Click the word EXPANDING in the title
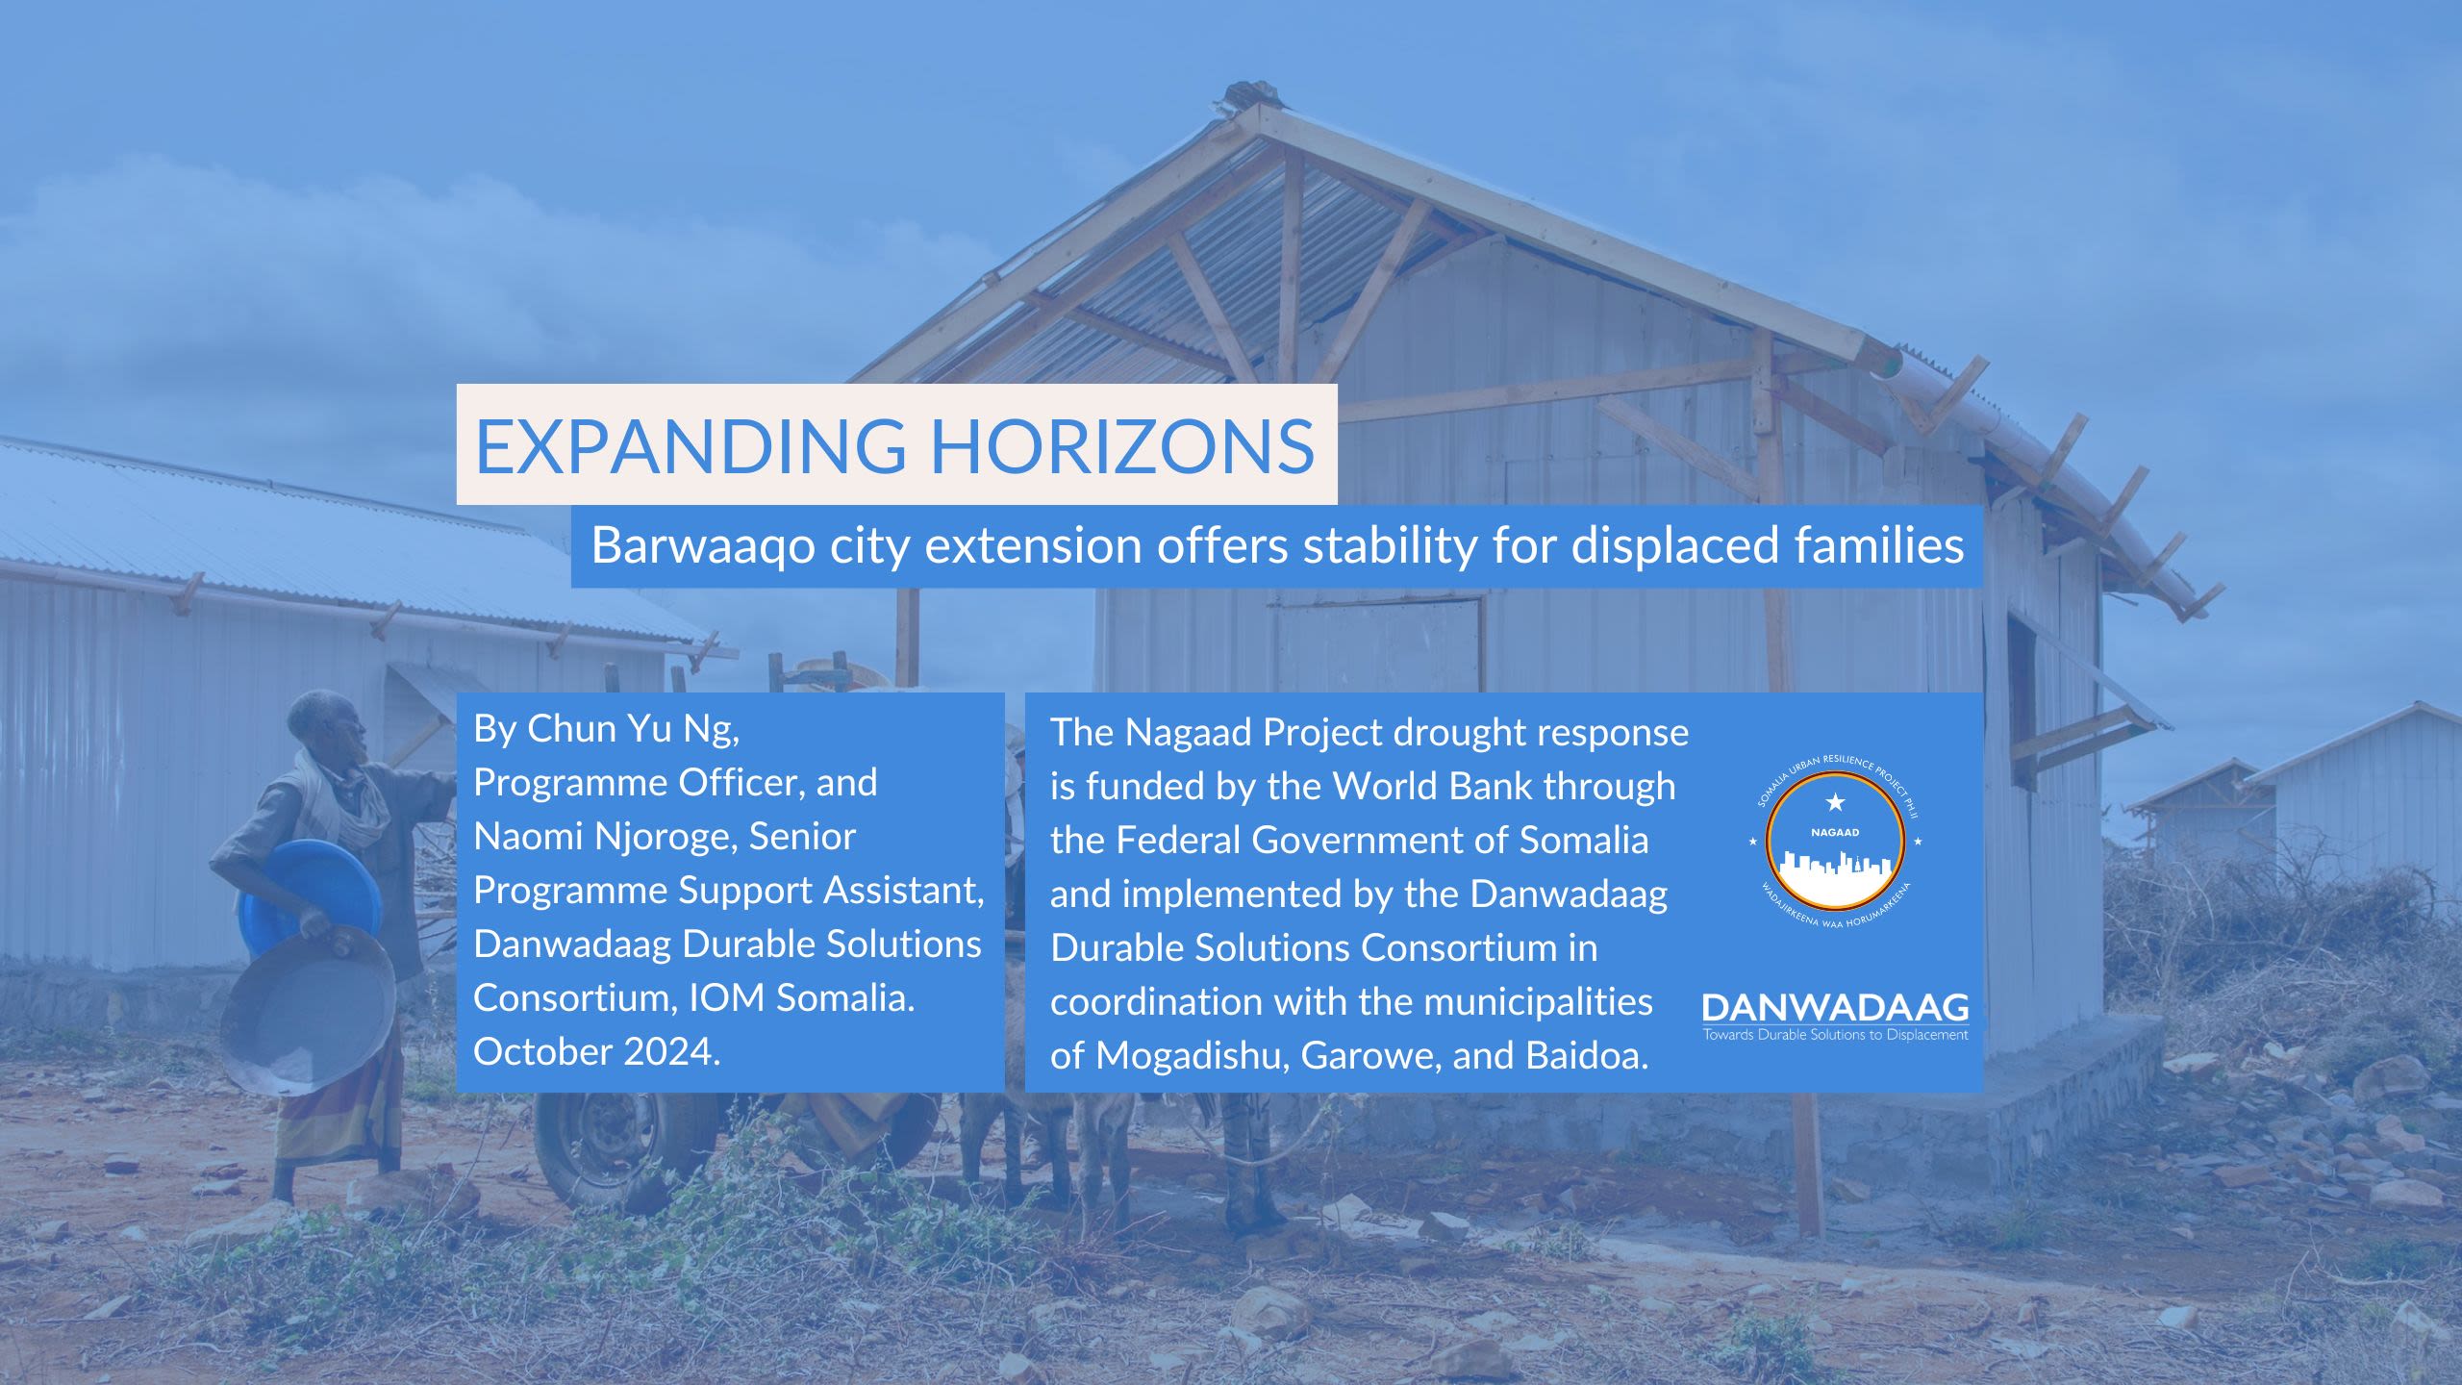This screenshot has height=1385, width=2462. point(691,445)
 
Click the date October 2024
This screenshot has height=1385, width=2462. point(597,1051)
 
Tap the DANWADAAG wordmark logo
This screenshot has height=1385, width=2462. point(1835,1008)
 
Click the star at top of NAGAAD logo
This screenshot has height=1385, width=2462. point(1835,801)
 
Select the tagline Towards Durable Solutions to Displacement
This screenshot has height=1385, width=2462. point(1835,1035)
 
